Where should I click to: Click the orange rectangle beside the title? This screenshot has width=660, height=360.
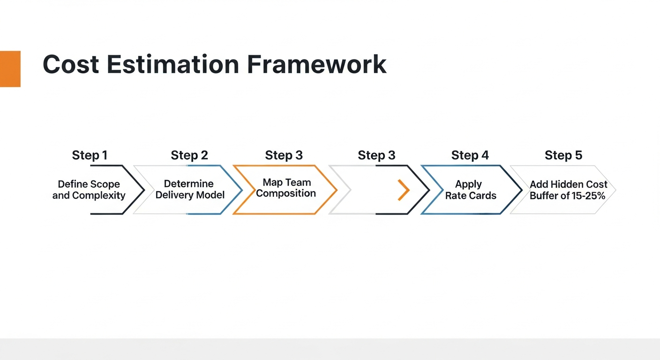tap(10, 69)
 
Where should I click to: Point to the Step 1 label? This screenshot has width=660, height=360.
tap(90, 155)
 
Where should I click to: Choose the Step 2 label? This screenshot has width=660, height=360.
tap(189, 155)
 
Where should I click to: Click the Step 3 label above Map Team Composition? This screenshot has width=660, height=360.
tap(284, 155)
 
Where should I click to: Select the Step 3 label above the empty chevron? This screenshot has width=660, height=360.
tap(376, 155)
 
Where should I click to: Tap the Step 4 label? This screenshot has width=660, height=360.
tap(470, 155)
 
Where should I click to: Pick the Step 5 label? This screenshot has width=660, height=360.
tap(563, 155)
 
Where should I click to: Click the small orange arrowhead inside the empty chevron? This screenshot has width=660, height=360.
tap(404, 190)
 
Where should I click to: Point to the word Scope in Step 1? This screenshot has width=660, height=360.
tap(107, 184)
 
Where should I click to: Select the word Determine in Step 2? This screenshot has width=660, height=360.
tap(188, 184)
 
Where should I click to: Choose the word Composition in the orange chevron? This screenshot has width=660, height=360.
tap(286, 193)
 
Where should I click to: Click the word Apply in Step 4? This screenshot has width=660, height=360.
tap(468, 184)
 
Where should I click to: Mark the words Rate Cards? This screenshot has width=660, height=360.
tap(471, 195)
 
